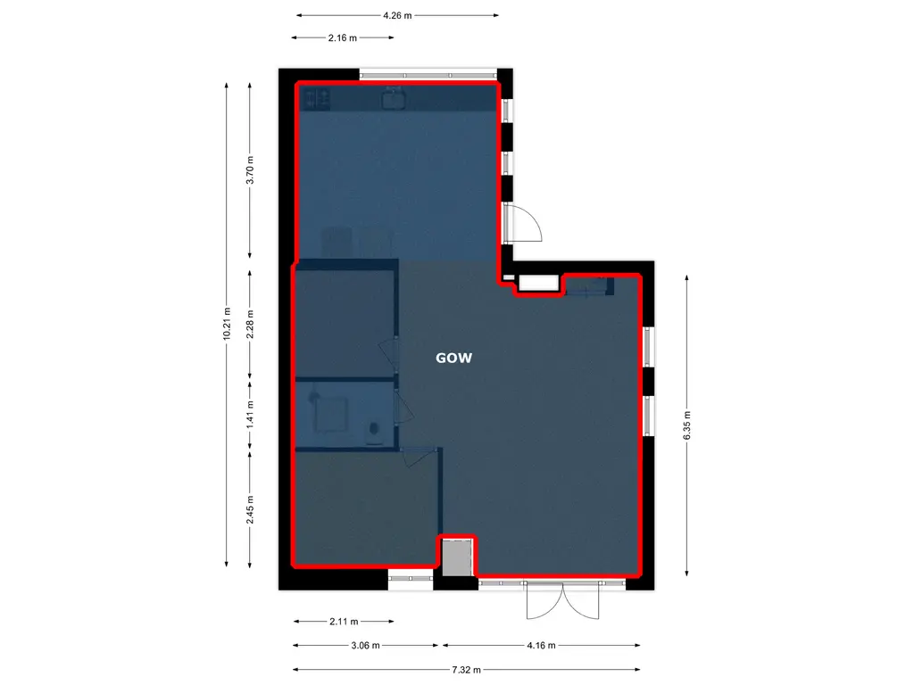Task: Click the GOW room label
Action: [x=453, y=359]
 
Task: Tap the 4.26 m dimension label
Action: [x=397, y=15]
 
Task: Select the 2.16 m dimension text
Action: [x=343, y=37]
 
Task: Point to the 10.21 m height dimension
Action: [x=228, y=324]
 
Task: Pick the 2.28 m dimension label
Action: [x=251, y=324]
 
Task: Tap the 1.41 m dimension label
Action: [x=251, y=414]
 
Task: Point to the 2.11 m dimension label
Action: [x=343, y=622]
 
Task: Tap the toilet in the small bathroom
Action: [x=374, y=430]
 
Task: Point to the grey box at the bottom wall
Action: [x=456, y=557]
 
